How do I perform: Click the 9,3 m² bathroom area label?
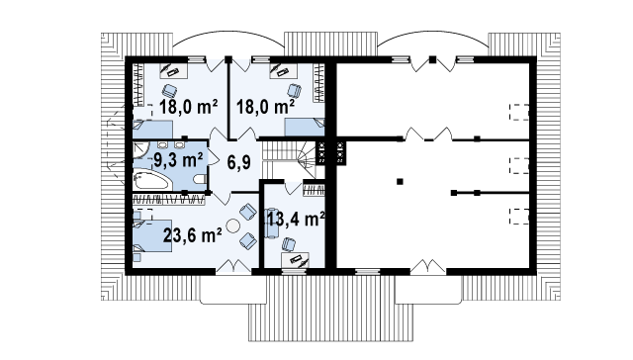[178, 160]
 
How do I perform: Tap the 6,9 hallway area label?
[238, 162]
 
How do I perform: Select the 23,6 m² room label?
[192, 234]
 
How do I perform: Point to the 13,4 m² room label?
[296, 219]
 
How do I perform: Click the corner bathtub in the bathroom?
[150, 180]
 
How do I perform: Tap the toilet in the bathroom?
[200, 179]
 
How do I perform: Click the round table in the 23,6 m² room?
[233, 225]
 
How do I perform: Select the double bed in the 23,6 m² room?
[151, 235]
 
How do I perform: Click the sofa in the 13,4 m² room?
[272, 224]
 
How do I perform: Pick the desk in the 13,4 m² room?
[295, 260]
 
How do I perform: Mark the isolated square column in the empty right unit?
[400, 182]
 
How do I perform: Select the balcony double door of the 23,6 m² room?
[233, 266]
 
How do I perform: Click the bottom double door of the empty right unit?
[428, 267]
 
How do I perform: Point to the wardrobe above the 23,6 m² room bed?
[168, 200]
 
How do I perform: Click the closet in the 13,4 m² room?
[314, 190]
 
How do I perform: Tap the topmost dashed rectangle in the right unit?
[519, 112]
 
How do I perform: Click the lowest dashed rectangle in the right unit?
[519, 216]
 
